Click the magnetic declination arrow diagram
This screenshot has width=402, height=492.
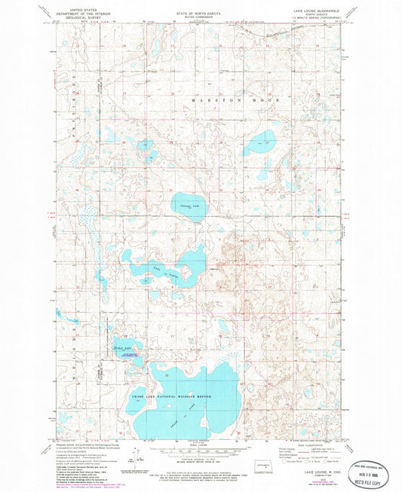(x=135, y=457)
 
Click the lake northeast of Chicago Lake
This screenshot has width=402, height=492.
(x=260, y=142)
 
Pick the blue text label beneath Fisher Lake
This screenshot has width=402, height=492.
(x=128, y=356)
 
